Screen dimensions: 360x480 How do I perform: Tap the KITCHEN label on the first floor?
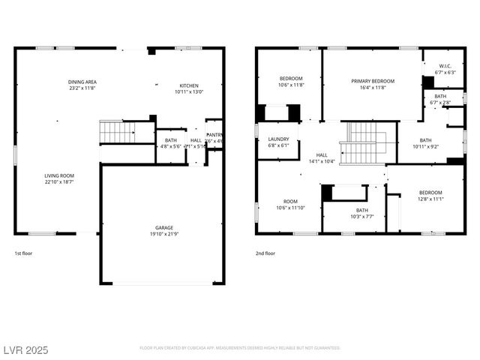[x=188, y=85]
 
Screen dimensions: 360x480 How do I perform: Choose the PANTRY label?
[x=214, y=135]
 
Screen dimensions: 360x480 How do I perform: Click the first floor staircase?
[x=116, y=132]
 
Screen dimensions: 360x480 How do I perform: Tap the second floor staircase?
[x=363, y=142]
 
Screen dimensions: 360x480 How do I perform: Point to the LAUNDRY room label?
[x=278, y=139]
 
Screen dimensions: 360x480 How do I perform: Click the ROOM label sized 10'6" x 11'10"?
[x=290, y=201]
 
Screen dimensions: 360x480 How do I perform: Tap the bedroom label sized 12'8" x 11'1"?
[x=430, y=192]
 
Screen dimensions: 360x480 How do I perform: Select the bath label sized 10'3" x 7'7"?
[x=361, y=210]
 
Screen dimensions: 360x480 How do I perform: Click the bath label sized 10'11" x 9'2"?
[x=425, y=140]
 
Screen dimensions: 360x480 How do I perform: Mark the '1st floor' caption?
[x=24, y=253]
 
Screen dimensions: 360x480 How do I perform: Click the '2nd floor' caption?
[x=265, y=253]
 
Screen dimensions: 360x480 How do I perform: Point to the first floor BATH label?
[x=171, y=139]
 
